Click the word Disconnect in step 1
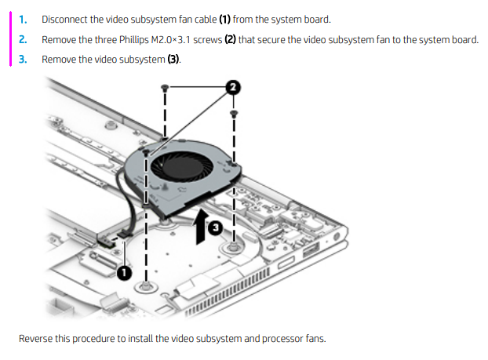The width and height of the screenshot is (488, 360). [x=64, y=18]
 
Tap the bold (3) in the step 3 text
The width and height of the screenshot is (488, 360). [x=173, y=59]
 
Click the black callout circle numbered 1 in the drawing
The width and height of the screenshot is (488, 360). [x=124, y=271]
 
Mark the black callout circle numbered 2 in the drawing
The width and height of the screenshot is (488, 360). [x=233, y=87]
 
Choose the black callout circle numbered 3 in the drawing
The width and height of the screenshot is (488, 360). [x=215, y=228]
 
